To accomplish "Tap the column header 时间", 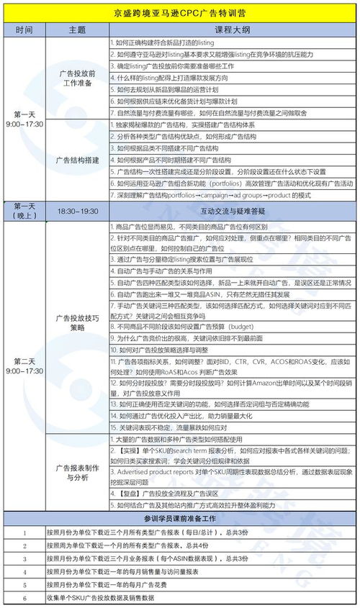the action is pyautogui.click(x=24, y=30).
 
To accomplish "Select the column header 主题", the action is pyautogui.click(x=77, y=30).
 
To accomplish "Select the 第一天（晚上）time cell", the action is pyautogui.click(x=24, y=212).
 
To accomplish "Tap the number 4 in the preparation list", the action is pyautogui.click(x=24, y=571).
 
